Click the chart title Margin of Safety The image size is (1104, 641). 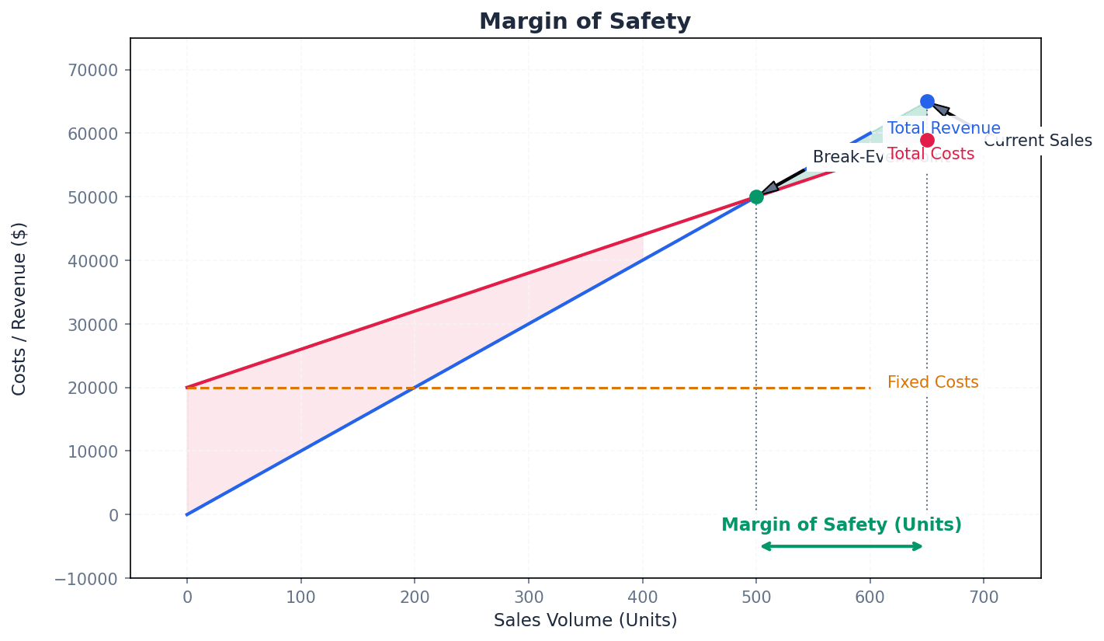coord(585,22)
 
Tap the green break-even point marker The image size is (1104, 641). coord(756,197)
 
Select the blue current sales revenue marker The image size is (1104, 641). coord(927,101)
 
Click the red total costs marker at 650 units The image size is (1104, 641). coord(927,140)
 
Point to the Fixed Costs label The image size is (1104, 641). coord(932,382)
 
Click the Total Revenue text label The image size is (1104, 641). coord(943,129)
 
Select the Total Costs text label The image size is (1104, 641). coord(930,154)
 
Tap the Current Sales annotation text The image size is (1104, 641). coord(1037,141)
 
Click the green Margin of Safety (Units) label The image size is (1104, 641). coord(842,525)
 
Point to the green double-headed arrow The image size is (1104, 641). coord(842,546)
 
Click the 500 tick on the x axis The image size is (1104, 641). coord(756,597)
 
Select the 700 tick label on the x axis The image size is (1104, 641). coord(984,597)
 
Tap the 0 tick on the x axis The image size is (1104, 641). coord(186,597)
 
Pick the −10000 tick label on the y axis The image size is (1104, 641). coord(88,578)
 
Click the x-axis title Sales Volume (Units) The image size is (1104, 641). coord(585,621)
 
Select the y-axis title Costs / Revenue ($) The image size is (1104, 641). coord(19,308)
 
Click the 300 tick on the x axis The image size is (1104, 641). coord(528,597)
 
